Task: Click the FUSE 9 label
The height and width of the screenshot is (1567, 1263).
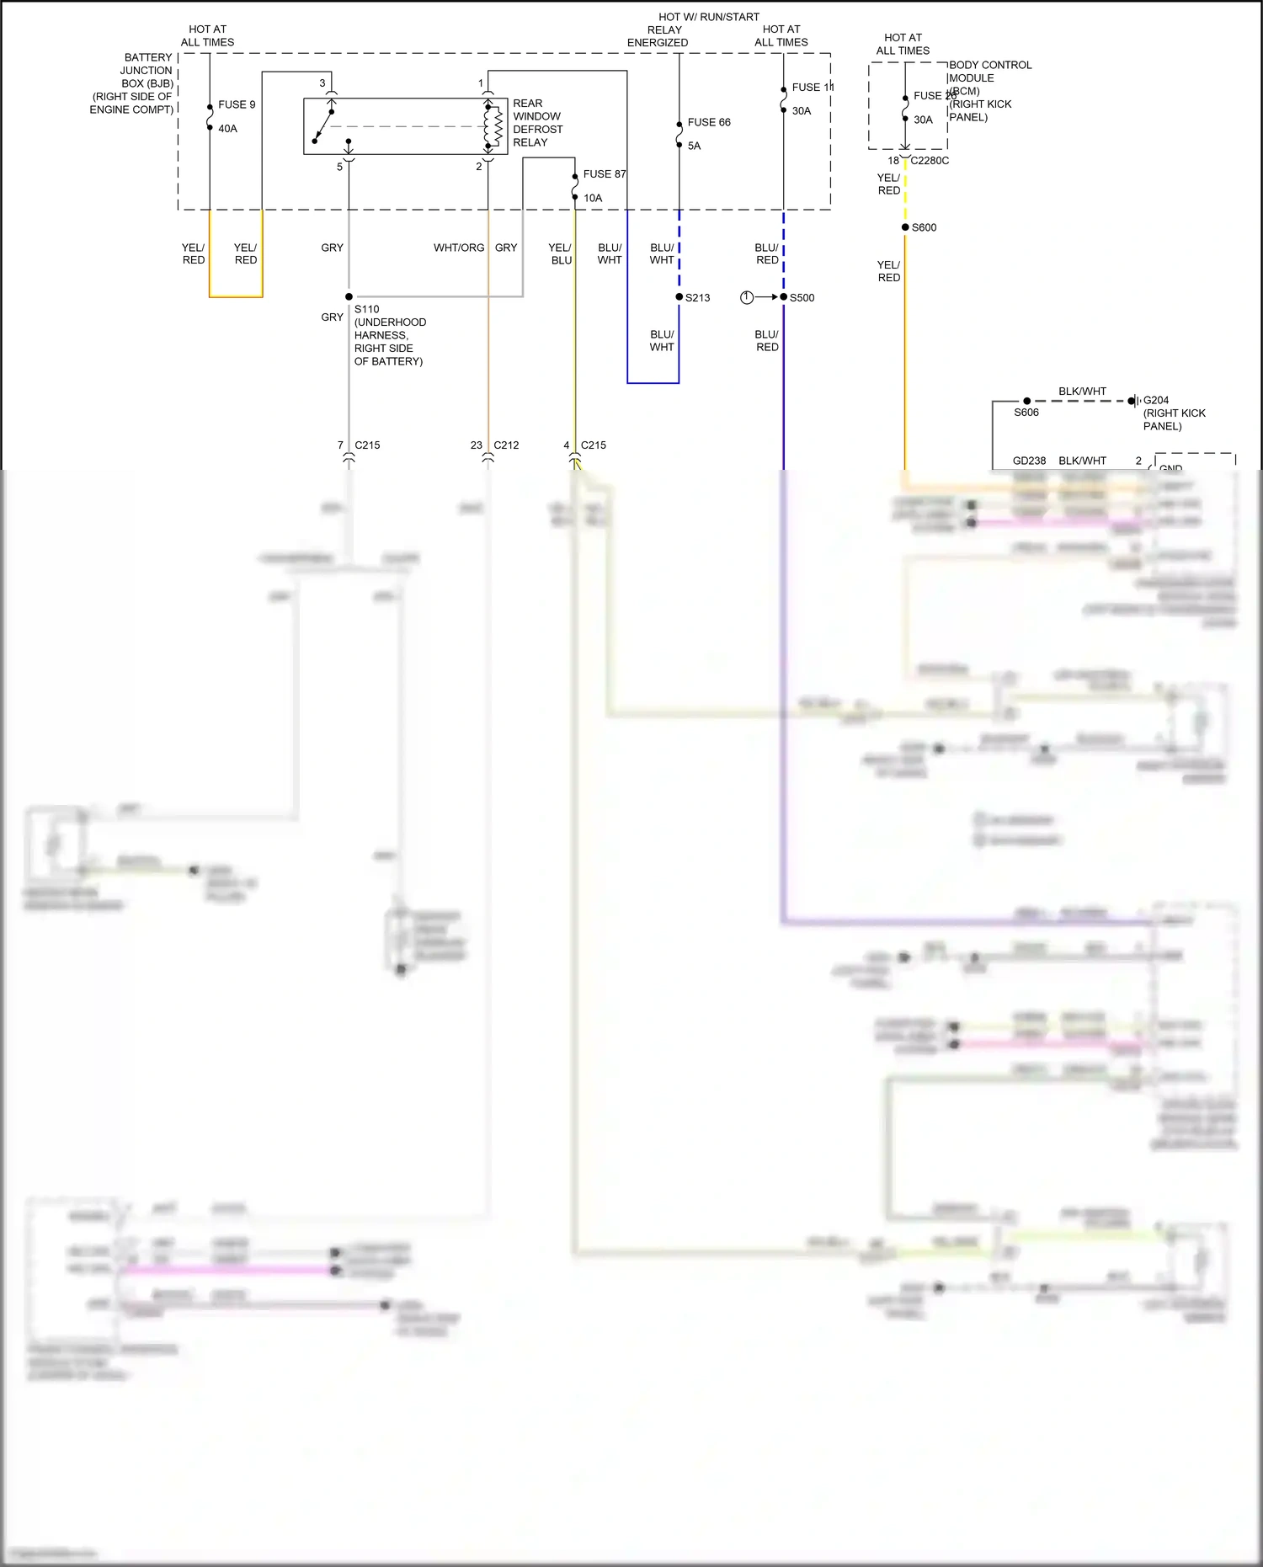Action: pos(236,104)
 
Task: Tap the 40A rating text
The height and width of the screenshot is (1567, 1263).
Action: pos(227,129)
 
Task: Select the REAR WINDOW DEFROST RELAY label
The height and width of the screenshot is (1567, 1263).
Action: pos(537,123)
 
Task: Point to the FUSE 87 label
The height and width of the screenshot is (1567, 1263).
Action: pos(604,174)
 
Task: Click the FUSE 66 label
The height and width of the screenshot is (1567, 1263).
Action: pos(708,122)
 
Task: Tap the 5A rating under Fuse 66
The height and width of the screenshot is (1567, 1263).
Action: pos(694,146)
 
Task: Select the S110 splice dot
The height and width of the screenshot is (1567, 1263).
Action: pos(349,296)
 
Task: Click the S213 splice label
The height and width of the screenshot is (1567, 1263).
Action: pos(697,298)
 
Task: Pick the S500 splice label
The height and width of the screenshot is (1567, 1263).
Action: pos(802,298)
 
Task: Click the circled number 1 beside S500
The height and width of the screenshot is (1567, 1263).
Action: pos(746,297)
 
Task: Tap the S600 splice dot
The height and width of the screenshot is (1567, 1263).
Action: pos(905,227)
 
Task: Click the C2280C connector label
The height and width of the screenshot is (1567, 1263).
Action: pos(930,161)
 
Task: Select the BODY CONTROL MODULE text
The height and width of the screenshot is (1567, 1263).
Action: pos(989,77)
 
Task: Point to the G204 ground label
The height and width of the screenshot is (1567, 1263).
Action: pos(1155,400)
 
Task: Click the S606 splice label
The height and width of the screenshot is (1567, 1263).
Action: pos(1026,413)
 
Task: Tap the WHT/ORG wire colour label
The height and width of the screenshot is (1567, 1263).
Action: pos(459,248)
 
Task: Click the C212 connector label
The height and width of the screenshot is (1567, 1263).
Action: pos(506,445)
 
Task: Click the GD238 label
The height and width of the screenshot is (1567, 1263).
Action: pos(1029,461)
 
